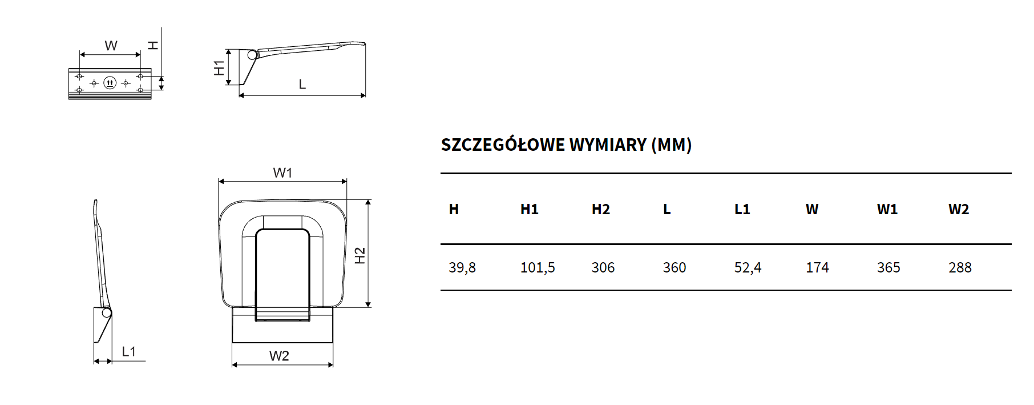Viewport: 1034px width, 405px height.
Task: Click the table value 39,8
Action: coord(462,268)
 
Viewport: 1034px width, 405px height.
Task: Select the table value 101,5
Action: coord(537,268)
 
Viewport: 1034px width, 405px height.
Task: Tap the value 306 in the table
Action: coord(603,267)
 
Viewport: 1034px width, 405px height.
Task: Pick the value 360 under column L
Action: coord(674,267)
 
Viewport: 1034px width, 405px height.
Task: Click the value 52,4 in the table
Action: coord(748,268)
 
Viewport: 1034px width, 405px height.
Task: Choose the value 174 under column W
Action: coord(817,267)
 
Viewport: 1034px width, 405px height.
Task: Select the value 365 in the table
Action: coord(888,267)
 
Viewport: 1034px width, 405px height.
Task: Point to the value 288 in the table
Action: coord(960,267)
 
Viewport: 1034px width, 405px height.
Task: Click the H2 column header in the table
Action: coord(600,210)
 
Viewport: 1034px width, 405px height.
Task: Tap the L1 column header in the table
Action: coord(742,210)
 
